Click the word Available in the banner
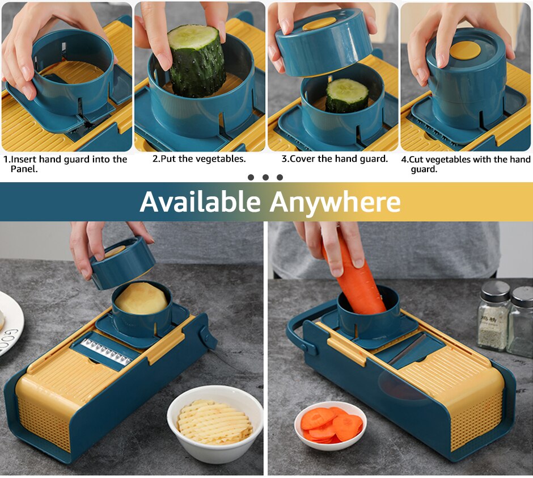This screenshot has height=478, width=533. click(x=200, y=202)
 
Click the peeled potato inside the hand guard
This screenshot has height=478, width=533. click(x=141, y=299)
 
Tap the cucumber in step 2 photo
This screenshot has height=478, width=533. click(x=198, y=60)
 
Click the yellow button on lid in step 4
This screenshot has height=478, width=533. click(x=465, y=50)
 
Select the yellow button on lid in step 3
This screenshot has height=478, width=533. click(x=319, y=24)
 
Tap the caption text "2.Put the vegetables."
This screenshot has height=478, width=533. click(x=199, y=159)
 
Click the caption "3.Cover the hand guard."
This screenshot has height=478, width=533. click(x=335, y=159)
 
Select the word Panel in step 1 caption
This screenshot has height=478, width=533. click(x=24, y=169)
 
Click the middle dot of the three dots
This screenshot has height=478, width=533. click(x=265, y=177)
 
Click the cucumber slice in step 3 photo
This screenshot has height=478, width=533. click(x=346, y=95)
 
